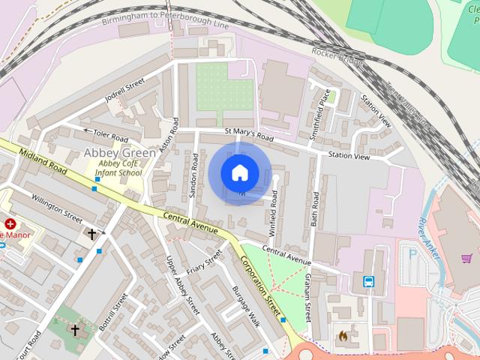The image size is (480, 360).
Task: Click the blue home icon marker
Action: point(239,172)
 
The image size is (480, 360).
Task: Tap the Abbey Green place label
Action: point(119,153)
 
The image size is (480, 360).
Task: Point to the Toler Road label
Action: point(109,135)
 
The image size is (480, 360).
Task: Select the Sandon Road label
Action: point(193,175)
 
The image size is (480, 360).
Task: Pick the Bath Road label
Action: point(316,209)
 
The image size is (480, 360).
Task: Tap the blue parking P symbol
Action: point(412,253)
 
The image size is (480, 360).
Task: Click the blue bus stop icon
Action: point(369,281)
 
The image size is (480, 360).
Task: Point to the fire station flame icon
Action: point(343,336)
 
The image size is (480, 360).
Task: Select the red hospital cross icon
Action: point(10,223)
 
